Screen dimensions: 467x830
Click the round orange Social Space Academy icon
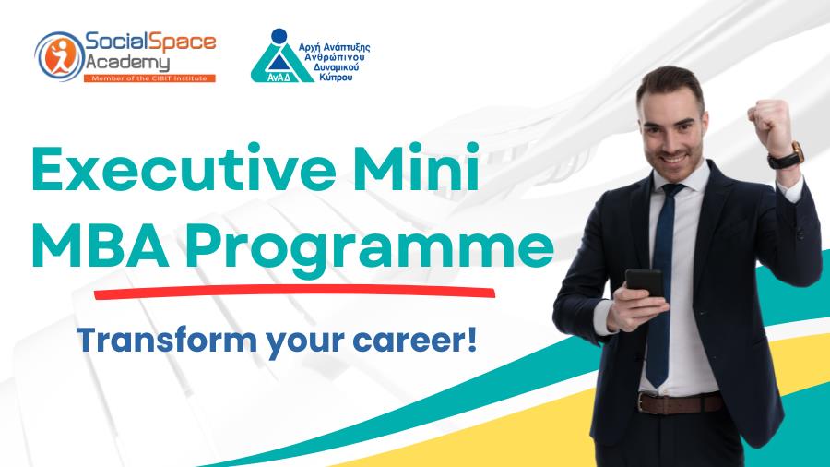[58, 55]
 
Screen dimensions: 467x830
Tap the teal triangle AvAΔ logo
[279, 57]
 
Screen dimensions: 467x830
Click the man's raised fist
[770, 120]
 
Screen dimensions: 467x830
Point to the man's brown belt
[682, 402]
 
